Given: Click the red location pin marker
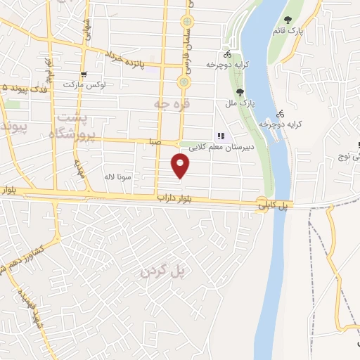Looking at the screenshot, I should coord(181,166).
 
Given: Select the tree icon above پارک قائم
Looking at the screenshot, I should coord(287,20).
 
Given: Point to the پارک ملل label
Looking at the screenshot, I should coord(240,103).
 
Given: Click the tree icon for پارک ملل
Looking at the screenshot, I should coord(240,91).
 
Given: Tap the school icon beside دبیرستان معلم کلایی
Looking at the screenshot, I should coord(221,136).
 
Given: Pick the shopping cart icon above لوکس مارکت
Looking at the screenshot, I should coord(84,74).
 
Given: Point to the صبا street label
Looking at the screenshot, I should coord(155,141).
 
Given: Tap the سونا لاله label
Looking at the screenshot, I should coord(117,177).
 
